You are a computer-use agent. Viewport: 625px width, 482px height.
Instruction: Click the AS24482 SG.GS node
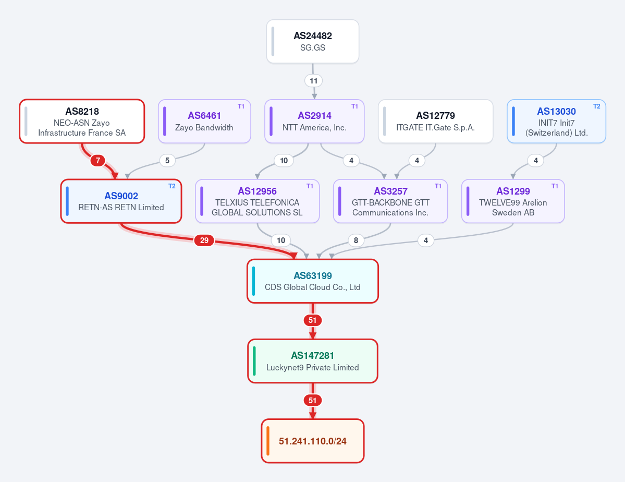[313, 42]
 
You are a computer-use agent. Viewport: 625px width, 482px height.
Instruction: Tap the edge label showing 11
[314, 81]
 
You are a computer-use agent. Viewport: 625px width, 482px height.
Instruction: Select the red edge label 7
[97, 161]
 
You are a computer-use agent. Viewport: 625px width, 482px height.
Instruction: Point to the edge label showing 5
[167, 161]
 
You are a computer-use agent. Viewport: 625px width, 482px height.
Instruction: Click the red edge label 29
[204, 240]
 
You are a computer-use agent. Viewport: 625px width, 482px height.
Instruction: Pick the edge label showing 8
[356, 240]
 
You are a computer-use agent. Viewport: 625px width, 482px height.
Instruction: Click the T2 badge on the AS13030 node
[597, 106]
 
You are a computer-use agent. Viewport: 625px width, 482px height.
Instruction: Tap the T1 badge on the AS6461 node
[241, 106]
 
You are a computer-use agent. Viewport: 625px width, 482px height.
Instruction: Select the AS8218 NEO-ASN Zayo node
[82, 122]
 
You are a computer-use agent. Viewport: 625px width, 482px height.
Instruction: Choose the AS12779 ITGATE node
[436, 122]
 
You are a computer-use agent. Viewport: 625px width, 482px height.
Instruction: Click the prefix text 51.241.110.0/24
[313, 441]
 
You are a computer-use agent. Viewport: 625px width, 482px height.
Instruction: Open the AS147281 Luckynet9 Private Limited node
[313, 361]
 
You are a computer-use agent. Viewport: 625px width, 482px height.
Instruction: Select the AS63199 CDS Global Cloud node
[313, 281]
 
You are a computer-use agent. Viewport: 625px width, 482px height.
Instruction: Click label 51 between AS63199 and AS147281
[313, 320]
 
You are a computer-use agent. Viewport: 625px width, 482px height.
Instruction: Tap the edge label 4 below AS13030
[536, 161]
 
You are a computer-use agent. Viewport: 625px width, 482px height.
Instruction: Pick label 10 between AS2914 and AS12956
[284, 161]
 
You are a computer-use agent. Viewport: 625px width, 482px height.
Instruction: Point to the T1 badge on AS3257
[438, 186]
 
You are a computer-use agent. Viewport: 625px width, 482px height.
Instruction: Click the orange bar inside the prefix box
[268, 441]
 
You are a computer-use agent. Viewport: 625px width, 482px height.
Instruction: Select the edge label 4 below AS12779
[417, 161]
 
